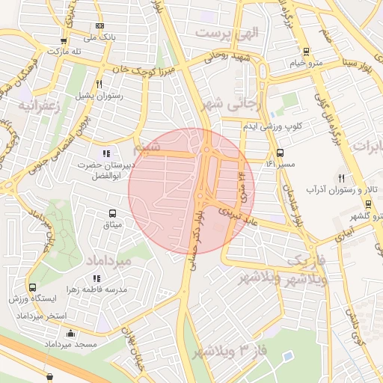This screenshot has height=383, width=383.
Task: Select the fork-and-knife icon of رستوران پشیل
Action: (x=99, y=85)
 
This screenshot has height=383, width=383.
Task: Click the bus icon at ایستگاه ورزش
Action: (x=32, y=287)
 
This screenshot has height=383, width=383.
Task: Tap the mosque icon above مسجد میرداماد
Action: (x=70, y=333)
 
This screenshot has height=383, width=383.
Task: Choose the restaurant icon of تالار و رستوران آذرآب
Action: (x=341, y=177)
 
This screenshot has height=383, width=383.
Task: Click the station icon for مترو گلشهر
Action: (x=368, y=204)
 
